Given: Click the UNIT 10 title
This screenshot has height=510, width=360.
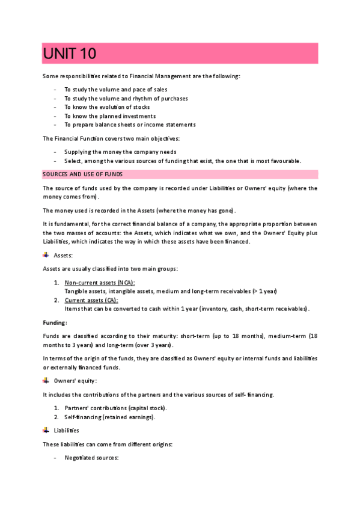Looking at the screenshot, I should pyautogui.click(x=70, y=54).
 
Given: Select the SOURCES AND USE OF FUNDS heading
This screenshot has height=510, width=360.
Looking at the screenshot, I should pyautogui.click(x=82, y=174).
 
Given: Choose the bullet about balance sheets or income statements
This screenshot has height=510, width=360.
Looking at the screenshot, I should pyautogui.click(x=130, y=124).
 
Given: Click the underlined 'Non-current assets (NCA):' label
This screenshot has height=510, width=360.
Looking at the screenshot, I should pyautogui.click(x=100, y=283).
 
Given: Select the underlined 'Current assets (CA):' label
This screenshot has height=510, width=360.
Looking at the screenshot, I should pyautogui.click(x=91, y=300).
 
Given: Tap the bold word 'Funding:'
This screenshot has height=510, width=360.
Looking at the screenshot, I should pyautogui.click(x=55, y=322).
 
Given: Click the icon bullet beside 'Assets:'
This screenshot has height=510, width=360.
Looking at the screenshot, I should pyautogui.click(x=46, y=255).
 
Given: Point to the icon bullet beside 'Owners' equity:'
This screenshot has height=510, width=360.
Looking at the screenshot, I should pyautogui.click(x=46, y=380).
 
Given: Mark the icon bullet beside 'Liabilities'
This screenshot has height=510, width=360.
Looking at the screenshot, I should pyautogui.click(x=46, y=430).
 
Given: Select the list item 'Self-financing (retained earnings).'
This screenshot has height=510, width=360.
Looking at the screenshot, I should pyautogui.click(x=112, y=417).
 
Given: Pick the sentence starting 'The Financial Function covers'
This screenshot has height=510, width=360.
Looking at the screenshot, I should pyautogui.click(x=111, y=138).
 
